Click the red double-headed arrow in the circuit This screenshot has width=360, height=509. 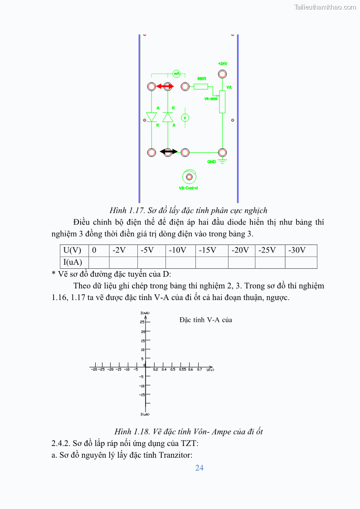pos(165,86)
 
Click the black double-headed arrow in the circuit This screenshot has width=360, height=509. pos(168,152)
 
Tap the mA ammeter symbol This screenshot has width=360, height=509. pos(177,73)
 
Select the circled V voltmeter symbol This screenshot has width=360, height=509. pos(185,118)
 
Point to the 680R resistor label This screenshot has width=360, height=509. pos(201,78)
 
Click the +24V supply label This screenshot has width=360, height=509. pos(223,64)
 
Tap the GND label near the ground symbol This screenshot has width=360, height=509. pos(211,161)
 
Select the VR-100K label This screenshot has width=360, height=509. pos(211,98)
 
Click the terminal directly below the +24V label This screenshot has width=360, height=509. pos(222,74)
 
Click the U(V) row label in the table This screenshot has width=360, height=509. pos(73,250)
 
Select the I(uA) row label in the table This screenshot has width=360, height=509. pos(73,262)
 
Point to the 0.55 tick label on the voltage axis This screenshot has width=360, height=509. pos(182,370)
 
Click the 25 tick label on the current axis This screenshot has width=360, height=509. pos(142,322)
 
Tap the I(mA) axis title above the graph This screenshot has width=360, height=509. pos(145,313)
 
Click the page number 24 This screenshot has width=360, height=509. pos(199,468)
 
